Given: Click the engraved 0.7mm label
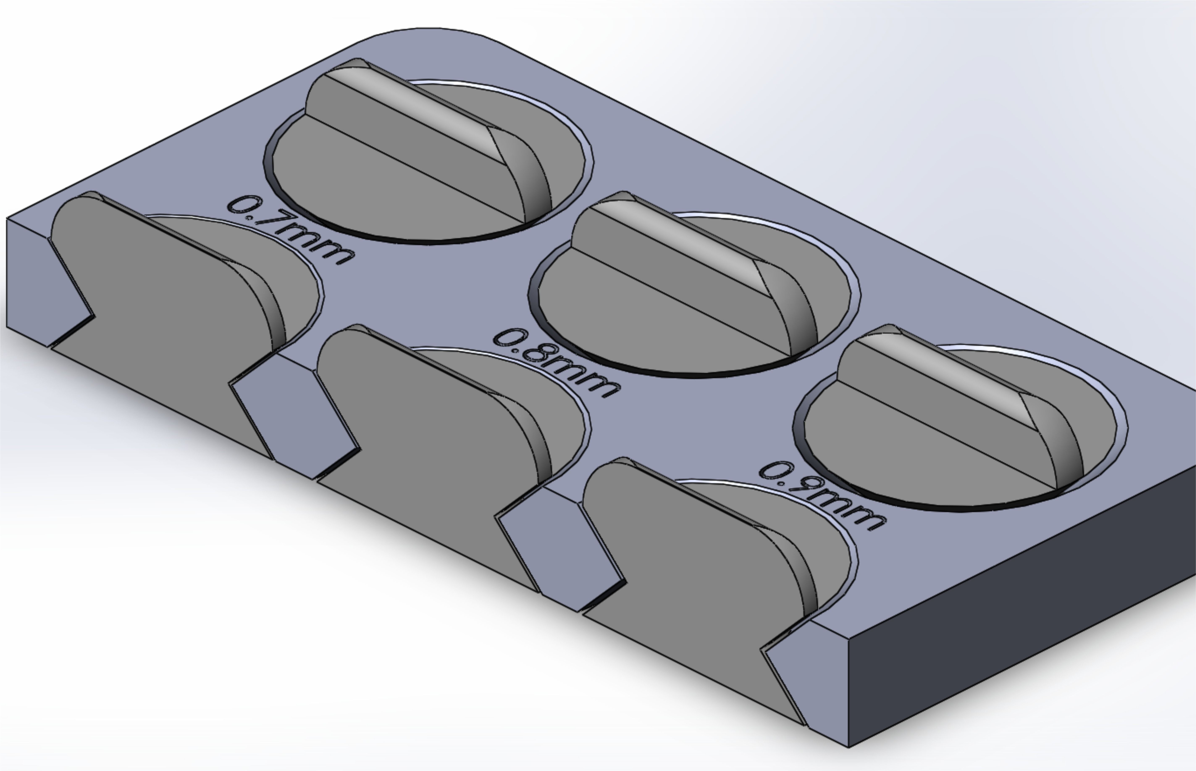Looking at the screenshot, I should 290,230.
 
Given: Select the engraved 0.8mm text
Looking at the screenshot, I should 555,363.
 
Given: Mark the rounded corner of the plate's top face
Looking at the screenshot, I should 425,40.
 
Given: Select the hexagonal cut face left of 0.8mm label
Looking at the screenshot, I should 295,421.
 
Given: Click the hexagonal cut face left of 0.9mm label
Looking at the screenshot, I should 561,553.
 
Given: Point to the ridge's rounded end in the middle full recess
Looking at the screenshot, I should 796,311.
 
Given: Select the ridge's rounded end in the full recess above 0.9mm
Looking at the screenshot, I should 1061,443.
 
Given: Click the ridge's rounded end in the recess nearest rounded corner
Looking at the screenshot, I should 530,178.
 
